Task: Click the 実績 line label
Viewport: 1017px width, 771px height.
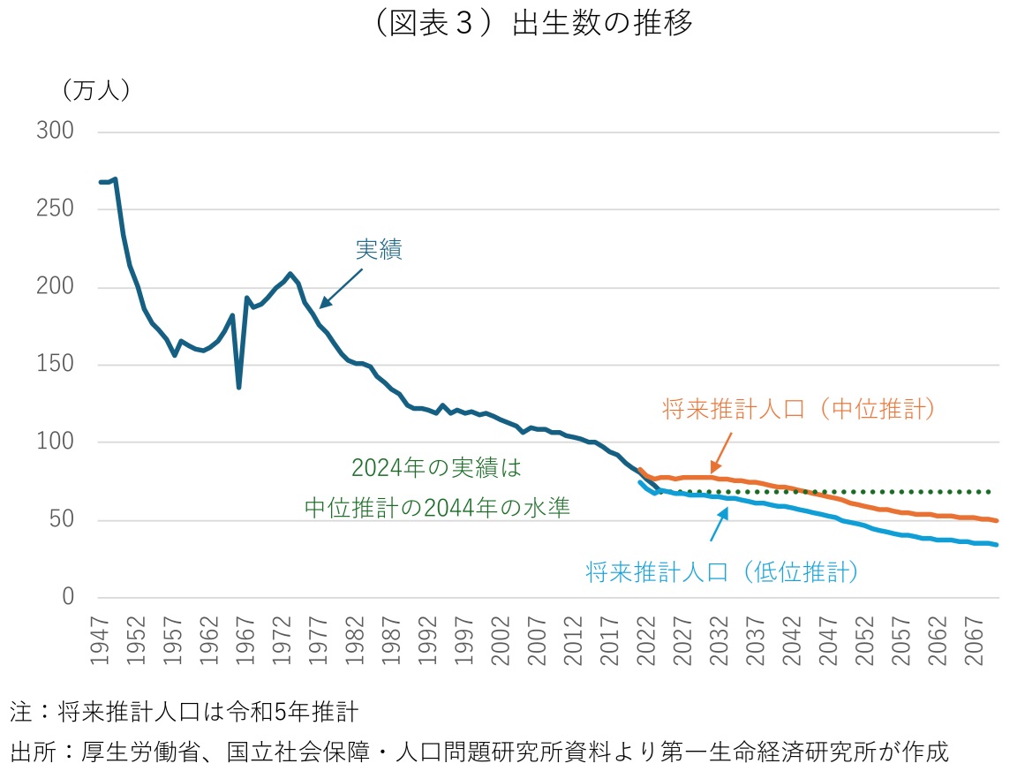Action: tap(379, 250)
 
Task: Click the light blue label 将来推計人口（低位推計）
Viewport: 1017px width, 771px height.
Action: tap(722, 572)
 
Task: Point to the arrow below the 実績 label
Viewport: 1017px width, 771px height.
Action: tap(341, 288)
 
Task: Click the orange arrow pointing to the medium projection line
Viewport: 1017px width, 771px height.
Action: tap(721, 453)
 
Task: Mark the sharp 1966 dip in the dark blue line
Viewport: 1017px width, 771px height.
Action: tap(239, 386)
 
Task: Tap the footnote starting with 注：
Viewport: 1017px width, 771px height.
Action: tap(184, 712)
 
